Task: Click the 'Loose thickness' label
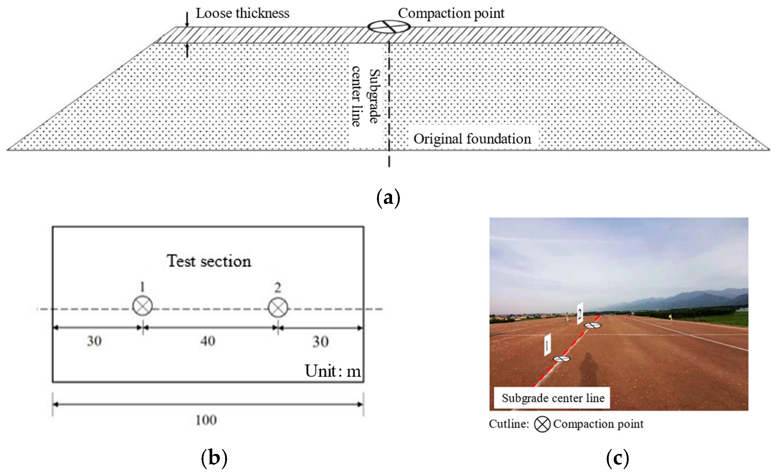(x=242, y=13)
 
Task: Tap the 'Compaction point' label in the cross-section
(x=451, y=13)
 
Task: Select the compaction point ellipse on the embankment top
(x=389, y=27)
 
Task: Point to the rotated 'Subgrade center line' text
(x=365, y=96)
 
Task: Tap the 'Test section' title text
(x=209, y=261)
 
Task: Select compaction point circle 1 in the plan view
(x=142, y=306)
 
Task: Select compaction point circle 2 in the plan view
(x=278, y=308)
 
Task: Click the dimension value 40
(x=208, y=341)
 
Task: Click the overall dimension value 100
(x=206, y=420)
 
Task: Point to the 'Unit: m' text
(x=332, y=371)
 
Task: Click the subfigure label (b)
(x=214, y=458)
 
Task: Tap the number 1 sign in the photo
(x=547, y=345)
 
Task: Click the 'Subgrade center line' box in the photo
(x=552, y=398)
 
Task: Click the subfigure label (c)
(x=617, y=458)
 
